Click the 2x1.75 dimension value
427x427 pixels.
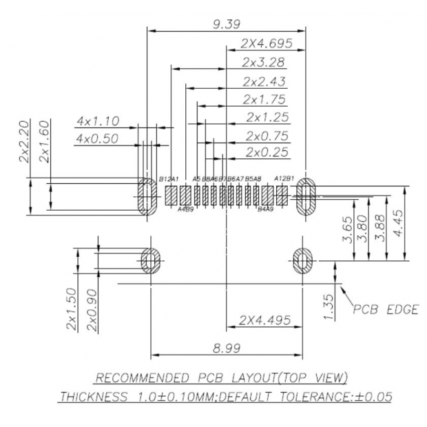tap(264, 99)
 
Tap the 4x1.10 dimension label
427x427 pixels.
tap(98, 121)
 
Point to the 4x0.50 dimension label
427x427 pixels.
tap(98, 138)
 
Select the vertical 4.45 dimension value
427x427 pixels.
tap(398, 222)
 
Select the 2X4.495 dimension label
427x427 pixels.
tap(265, 320)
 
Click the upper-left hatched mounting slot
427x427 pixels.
tap(146, 196)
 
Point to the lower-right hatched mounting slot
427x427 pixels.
tap(304, 260)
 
